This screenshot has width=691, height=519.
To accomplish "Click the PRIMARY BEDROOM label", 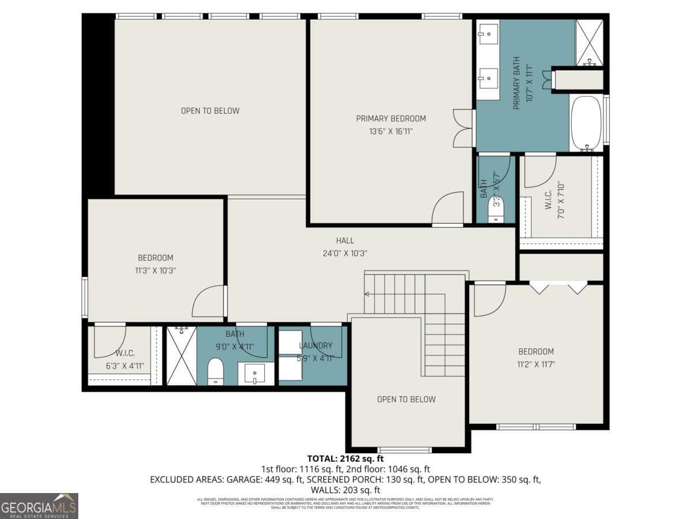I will point(390,119).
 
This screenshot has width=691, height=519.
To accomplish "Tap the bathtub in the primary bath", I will point(587,123).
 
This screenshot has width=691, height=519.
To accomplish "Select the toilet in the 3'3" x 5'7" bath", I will point(496,208).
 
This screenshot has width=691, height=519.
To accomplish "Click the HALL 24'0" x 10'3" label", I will point(345,247).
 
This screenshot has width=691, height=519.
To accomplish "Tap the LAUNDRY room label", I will point(316,346).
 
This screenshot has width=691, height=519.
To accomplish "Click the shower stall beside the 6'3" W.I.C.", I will point(181,355).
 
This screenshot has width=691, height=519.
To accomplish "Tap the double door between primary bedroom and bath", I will point(463,128).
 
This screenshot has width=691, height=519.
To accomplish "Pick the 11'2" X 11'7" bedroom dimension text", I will point(536,364).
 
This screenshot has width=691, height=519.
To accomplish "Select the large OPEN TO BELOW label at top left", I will point(210,111).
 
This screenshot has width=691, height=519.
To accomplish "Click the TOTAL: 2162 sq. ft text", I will point(345,459).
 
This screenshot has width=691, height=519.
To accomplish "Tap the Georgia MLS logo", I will point(39,506).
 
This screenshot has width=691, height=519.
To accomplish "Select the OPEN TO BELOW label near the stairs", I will point(406,399).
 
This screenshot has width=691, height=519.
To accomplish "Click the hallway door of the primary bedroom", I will point(449,209).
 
